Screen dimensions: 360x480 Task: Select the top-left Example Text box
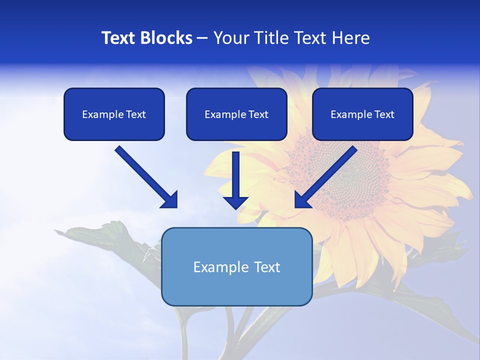tap(114, 114)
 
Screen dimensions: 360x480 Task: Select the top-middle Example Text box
tap(236, 114)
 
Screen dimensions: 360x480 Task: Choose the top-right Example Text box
tap(362, 114)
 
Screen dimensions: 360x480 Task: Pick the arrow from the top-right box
tap(327, 175)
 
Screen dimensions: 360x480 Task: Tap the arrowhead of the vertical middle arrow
tap(235, 202)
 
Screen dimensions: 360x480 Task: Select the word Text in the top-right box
tap(384, 114)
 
